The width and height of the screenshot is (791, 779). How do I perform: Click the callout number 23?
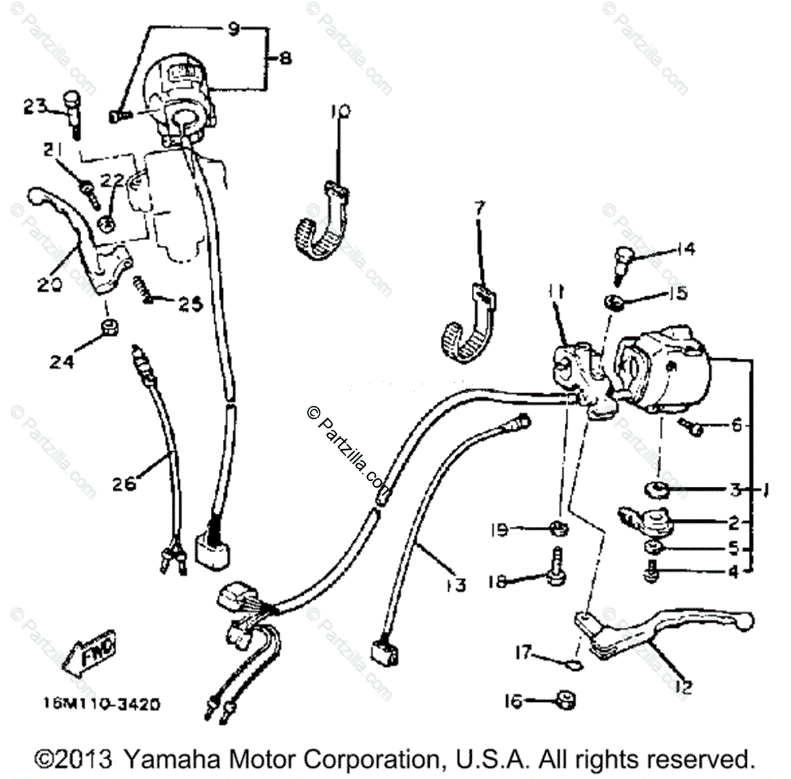36,106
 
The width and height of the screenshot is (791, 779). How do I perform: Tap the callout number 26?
123,483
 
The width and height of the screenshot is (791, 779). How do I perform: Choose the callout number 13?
455,584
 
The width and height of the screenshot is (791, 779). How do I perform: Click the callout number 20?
50,285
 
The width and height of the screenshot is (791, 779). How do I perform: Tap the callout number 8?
285,58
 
